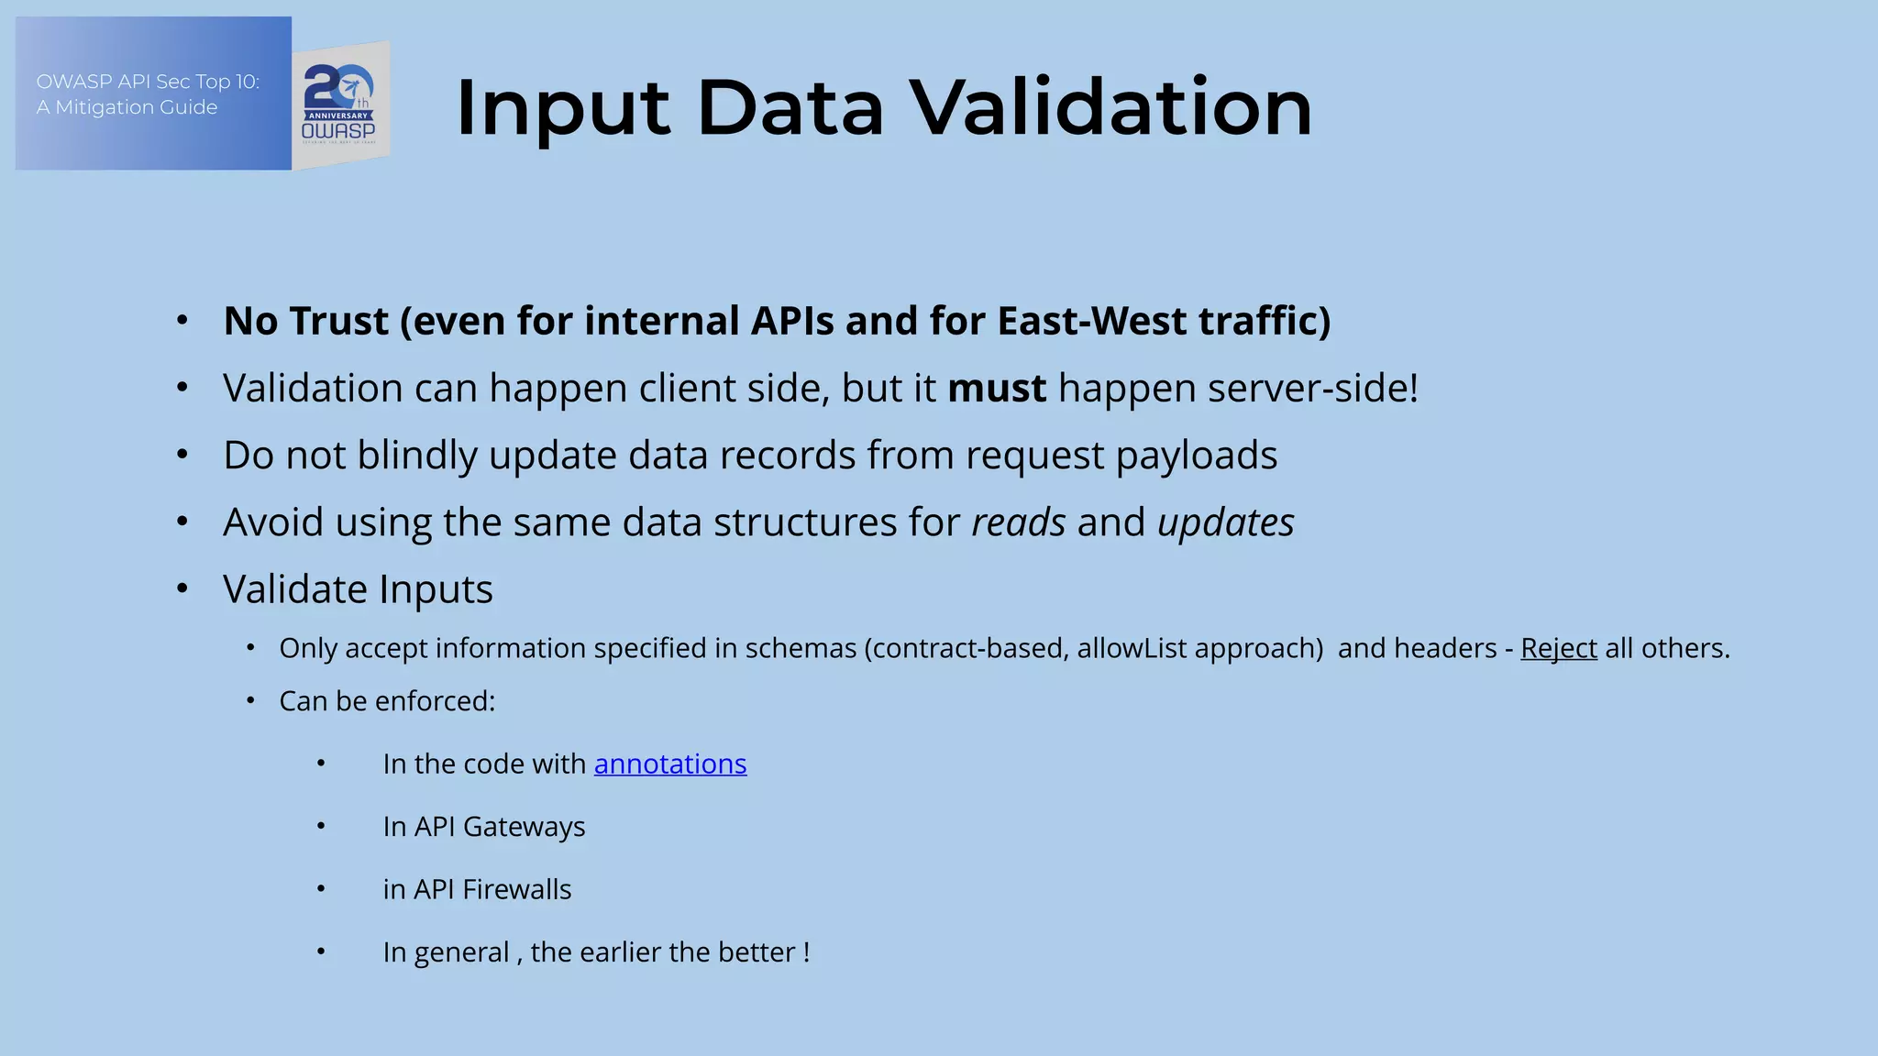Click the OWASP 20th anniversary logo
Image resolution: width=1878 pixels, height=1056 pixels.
340,104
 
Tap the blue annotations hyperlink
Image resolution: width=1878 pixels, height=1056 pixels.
670,764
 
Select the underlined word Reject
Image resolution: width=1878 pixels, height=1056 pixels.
1558,648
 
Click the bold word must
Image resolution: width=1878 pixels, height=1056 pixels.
996,388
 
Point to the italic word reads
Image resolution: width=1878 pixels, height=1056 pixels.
1019,522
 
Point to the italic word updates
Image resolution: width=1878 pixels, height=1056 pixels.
1225,522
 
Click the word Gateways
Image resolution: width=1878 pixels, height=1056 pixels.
524,827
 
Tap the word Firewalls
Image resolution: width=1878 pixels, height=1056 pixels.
516,889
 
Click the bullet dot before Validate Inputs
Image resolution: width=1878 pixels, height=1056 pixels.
182,588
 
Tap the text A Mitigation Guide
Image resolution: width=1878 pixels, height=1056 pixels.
127,107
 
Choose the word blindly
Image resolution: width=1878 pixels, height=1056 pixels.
417,456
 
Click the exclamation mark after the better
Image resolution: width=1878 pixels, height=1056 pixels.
806,952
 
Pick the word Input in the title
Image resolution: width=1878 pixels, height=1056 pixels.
561,108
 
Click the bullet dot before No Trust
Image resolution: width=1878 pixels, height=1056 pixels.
182,321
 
